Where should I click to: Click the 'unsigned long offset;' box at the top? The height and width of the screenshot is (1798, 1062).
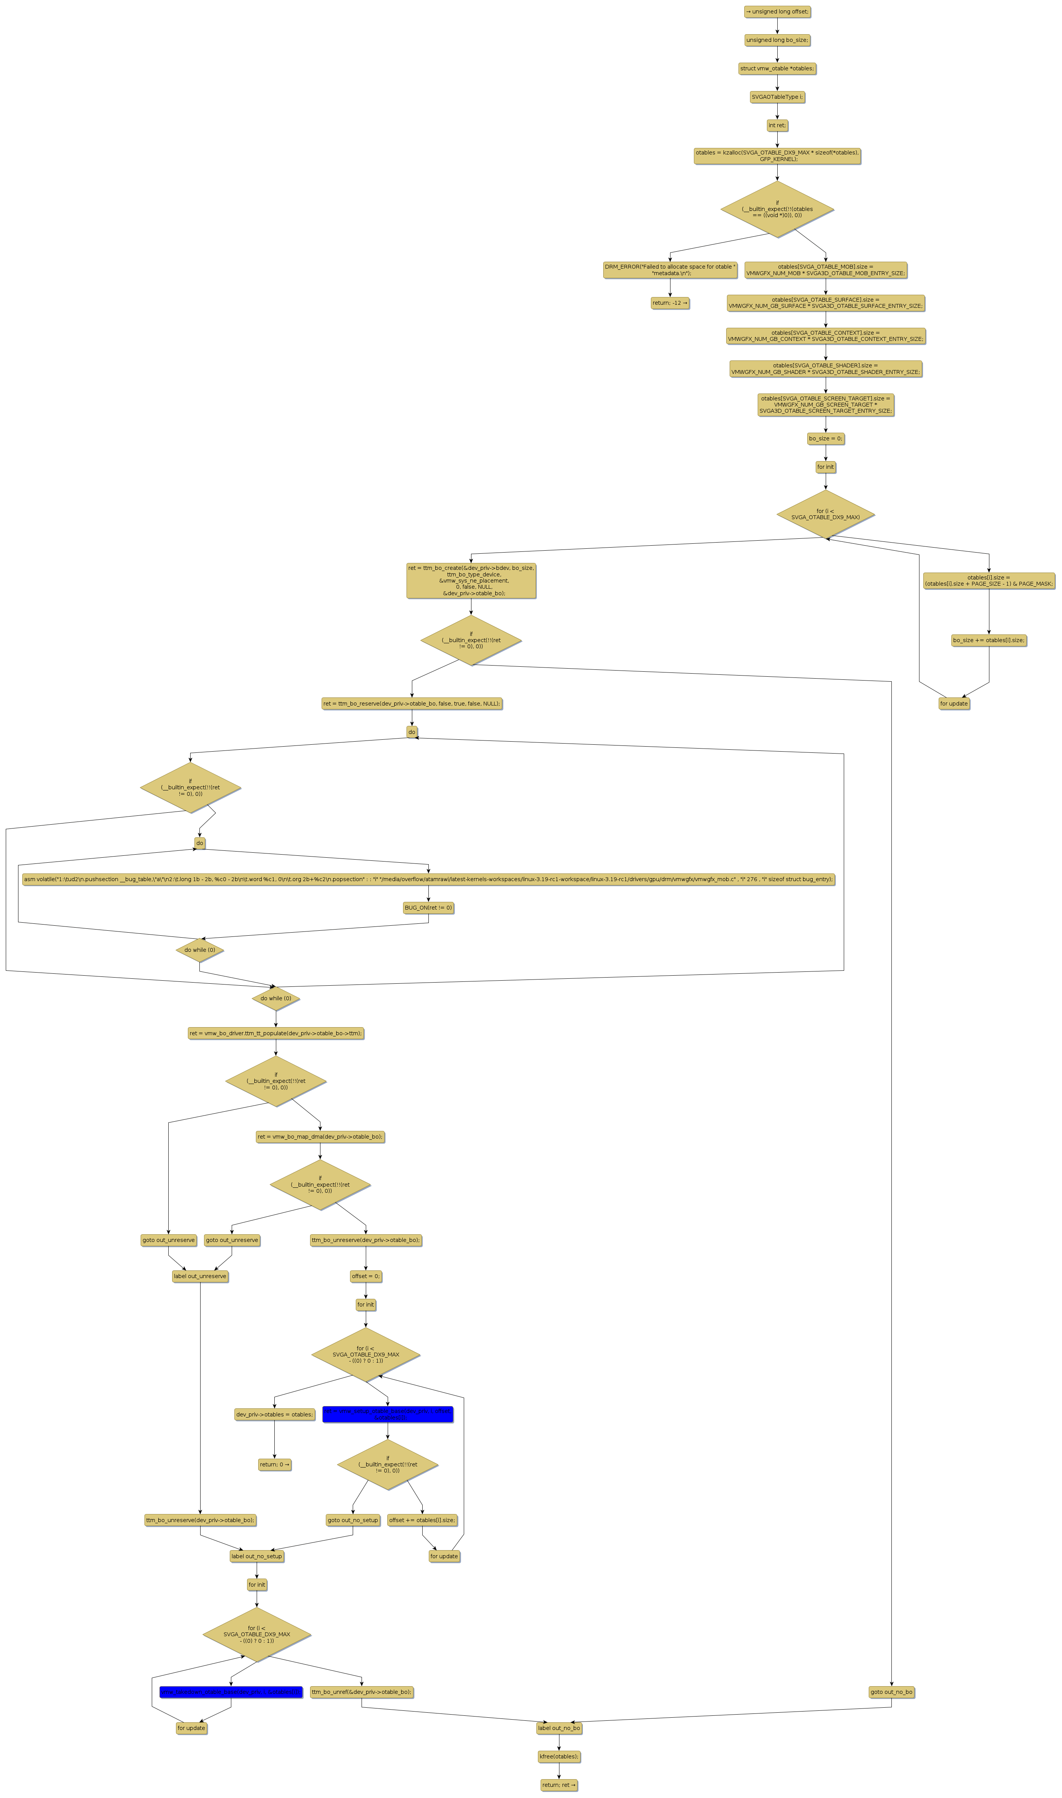click(777, 12)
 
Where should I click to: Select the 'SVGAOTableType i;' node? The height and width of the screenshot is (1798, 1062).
click(777, 96)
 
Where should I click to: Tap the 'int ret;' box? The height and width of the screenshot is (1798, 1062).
click(777, 125)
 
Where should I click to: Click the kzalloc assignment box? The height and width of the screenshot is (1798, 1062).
click(777, 156)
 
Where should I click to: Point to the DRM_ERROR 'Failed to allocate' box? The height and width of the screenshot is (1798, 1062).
click(670, 270)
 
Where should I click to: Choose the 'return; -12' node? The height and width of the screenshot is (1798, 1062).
click(670, 303)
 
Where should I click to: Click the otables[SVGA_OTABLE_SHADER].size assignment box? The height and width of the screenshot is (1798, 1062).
click(825, 369)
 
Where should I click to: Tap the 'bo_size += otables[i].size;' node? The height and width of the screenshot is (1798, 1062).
click(989, 640)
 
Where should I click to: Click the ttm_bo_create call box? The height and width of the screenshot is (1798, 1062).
click(471, 580)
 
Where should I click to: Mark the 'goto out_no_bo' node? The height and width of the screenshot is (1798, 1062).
click(891, 1692)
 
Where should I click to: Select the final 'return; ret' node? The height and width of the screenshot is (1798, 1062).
click(559, 1785)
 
